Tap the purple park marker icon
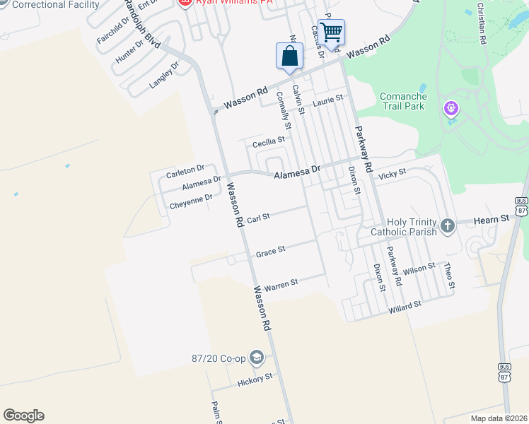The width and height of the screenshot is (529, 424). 451,109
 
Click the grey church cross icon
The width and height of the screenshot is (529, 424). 447,225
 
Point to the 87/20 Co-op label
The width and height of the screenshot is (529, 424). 218,358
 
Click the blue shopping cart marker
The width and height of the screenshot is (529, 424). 331,32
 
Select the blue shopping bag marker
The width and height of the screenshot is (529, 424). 289,56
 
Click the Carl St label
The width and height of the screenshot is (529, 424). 259,218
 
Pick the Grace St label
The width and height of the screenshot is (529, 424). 270,251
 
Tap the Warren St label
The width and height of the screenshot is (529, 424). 281,282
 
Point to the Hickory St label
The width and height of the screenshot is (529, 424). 254,379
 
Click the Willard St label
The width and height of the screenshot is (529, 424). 405,306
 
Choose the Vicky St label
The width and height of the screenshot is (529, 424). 393,173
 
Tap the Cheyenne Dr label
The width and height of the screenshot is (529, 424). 191,202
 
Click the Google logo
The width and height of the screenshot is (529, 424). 23,416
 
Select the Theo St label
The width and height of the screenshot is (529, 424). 447,274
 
